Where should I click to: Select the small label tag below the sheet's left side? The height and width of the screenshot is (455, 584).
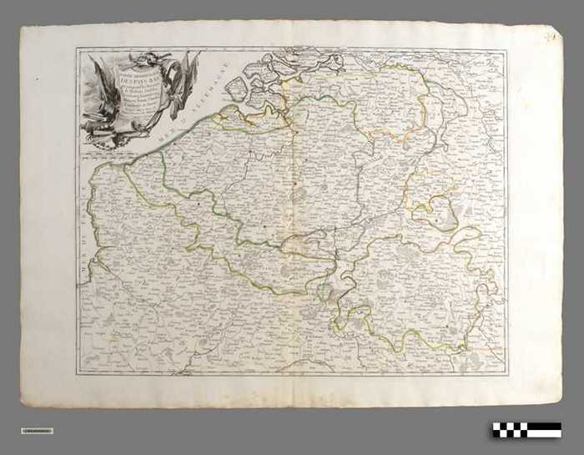[x=37, y=431]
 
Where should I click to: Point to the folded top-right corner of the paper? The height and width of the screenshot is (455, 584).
[x=551, y=35]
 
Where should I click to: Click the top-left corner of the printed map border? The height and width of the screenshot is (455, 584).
[x=76, y=48]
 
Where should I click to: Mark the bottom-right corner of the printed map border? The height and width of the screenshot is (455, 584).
[x=507, y=375]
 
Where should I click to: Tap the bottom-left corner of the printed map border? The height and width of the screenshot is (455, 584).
[x=78, y=373]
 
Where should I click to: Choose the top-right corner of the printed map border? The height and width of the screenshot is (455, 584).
[x=506, y=49]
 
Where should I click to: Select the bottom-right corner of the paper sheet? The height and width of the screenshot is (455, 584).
[x=561, y=401]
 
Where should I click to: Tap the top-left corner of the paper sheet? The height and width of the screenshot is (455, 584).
[x=21, y=25]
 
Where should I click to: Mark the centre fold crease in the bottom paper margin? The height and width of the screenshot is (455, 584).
[x=293, y=392]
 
